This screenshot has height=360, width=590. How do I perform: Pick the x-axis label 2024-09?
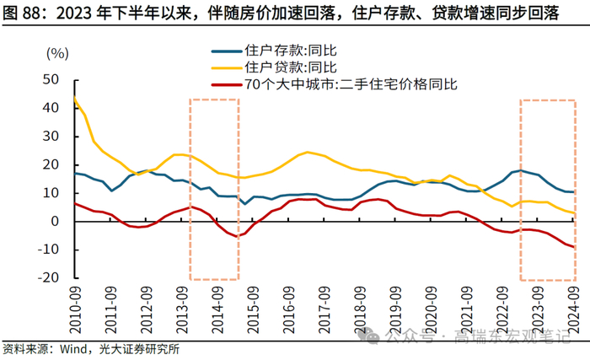pyautogui.click(x=573, y=310)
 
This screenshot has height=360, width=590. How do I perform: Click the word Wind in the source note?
pyautogui.click(x=74, y=348)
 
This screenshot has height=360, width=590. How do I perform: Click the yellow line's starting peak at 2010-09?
pyautogui.click(x=74, y=97)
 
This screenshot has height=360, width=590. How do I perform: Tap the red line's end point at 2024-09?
pyautogui.click(x=574, y=247)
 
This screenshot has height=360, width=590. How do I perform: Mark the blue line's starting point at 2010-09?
pyautogui.click(x=74, y=173)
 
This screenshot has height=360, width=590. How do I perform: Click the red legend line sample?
pyautogui.click(x=225, y=83)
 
